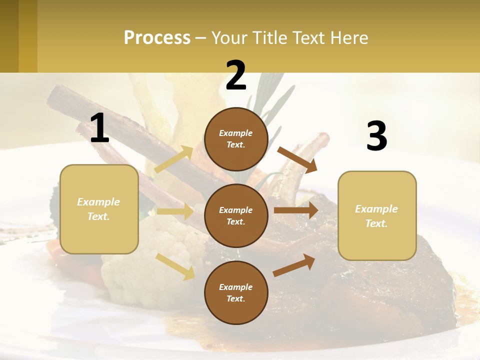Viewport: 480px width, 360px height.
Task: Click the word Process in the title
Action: (x=157, y=38)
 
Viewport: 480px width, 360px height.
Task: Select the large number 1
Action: (x=99, y=128)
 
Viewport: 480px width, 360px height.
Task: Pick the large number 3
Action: (x=376, y=136)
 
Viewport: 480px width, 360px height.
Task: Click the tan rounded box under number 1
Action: (x=99, y=209)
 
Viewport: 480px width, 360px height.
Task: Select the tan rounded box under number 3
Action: (x=377, y=216)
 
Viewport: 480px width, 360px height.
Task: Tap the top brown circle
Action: (x=236, y=139)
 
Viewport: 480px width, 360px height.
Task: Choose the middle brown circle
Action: (x=236, y=215)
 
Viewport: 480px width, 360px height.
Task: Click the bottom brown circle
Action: (x=236, y=292)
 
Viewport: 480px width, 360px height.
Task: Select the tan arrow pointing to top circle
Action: (x=174, y=159)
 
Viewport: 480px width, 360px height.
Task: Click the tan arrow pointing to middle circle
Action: (x=175, y=211)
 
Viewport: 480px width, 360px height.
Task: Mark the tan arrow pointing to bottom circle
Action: (x=175, y=266)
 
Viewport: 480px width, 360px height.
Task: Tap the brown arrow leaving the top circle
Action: (x=297, y=159)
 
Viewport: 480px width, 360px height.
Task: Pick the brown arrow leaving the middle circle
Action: (x=296, y=210)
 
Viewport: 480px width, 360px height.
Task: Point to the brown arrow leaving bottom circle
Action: (x=294, y=265)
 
